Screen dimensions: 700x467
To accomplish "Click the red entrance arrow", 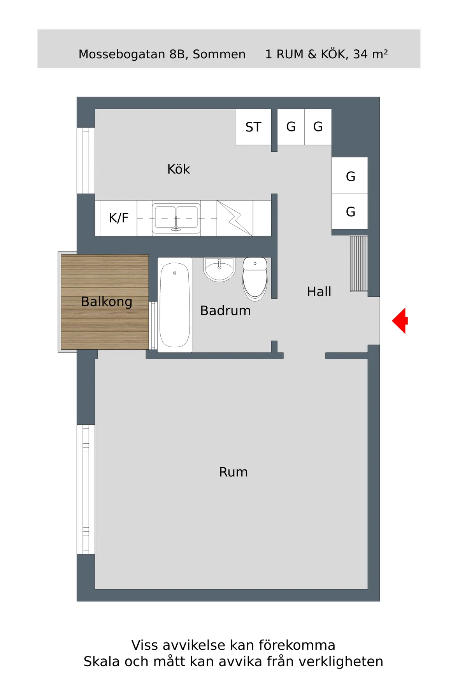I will click(400, 321).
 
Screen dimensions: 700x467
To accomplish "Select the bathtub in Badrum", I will click(175, 305).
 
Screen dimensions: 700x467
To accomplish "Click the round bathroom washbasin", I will click(219, 269).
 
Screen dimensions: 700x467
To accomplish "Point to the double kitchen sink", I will click(176, 218).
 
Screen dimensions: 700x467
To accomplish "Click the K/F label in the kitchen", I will click(118, 218).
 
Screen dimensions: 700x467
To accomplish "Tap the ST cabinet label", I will click(253, 127).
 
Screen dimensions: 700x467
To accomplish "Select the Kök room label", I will click(179, 169).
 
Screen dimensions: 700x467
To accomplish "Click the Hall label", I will click(319, 292).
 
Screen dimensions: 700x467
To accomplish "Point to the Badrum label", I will click(225, 311).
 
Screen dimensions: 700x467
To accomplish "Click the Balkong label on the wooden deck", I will click(107, 302).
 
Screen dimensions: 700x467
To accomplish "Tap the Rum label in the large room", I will click(233, 472).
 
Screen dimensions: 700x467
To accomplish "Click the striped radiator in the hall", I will click(359, 263).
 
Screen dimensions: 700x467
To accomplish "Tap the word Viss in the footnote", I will click(144, 645).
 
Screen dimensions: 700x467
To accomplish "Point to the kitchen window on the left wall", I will click(86, 160).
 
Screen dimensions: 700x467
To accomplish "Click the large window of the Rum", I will click(86, 489).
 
